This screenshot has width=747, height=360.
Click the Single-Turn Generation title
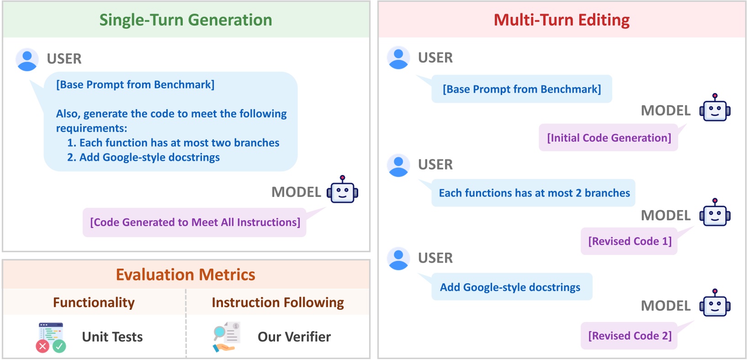point(186,20)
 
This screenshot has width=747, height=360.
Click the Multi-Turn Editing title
point(562,20)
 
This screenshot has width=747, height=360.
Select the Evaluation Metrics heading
point(185,275)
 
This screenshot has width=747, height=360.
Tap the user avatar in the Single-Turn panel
point(27,60)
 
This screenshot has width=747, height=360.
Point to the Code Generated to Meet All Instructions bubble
point(195,222)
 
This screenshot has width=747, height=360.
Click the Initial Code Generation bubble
point(609,138)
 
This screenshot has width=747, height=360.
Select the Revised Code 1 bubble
point(629,241)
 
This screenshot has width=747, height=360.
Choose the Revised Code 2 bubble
point(629,336)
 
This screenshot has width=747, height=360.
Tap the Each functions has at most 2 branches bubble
point(534,193)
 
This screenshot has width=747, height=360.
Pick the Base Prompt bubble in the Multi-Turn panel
point(522,89)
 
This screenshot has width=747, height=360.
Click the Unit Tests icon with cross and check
point(51,337)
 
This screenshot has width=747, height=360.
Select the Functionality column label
point(94,303)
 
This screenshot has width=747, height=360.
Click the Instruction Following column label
point(278,303)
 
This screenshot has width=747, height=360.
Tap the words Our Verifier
point(294,337)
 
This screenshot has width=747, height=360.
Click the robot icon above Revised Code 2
point(715,303)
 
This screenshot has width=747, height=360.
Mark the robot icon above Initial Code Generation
point(715,107)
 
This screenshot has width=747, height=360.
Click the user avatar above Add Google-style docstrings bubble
point(398,259)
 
